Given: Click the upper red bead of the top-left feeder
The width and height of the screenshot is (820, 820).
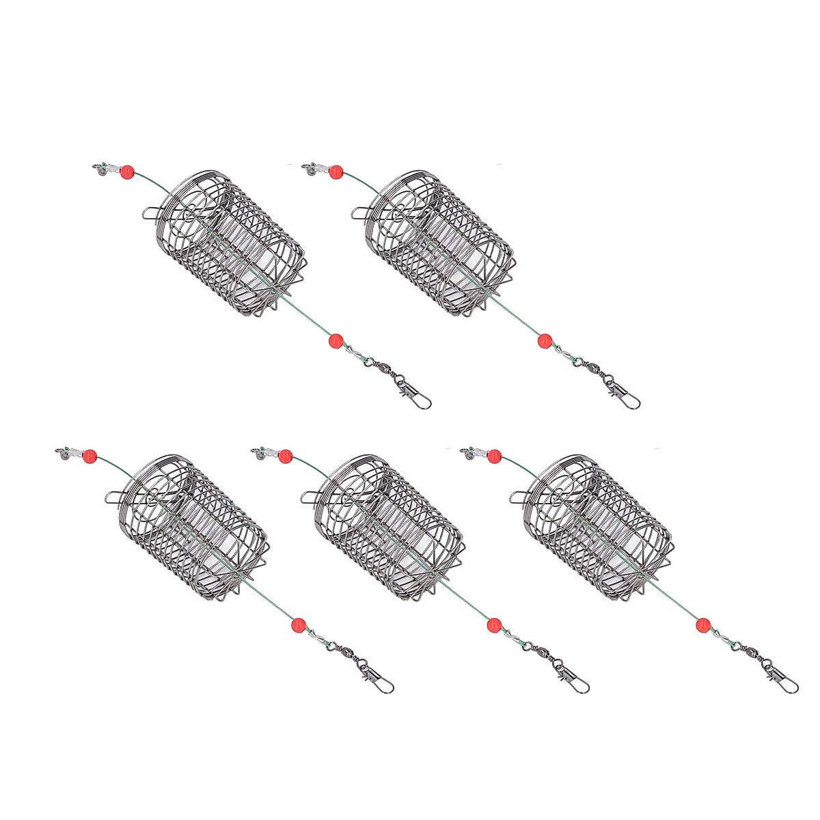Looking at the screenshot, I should pos(126,174).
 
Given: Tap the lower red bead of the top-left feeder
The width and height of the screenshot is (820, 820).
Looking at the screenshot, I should pos(335,340).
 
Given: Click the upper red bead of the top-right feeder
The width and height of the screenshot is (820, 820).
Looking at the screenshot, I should pos(335,174).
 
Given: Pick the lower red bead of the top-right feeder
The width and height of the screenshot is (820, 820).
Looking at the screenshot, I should pos(544,340).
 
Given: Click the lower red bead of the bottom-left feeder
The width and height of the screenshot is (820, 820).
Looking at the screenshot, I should pos(296,623).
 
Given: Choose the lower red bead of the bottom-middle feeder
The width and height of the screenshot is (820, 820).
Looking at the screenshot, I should pos(493,623).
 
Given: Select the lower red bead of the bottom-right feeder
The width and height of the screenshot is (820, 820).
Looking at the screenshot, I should pos(702,623).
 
